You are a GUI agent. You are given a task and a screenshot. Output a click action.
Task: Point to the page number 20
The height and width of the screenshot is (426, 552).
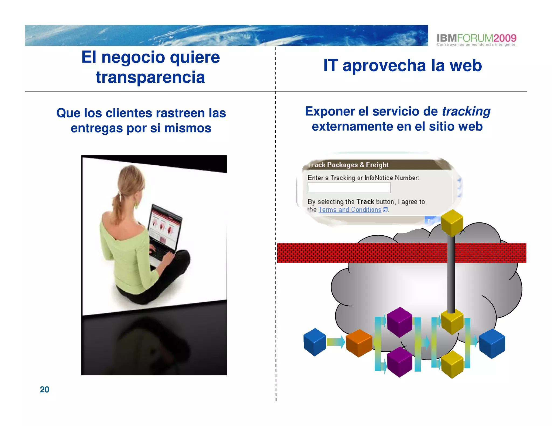click(44, 389)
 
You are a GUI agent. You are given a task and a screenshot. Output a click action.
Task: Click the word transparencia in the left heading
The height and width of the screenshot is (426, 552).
click(150, 77)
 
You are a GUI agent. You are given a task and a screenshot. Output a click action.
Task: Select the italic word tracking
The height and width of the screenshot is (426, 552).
click(466, 111)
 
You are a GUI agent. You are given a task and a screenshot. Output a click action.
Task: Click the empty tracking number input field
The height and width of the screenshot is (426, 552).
click(349, 187)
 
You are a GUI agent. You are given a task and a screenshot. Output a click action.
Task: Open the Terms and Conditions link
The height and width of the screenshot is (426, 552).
click(350, 210)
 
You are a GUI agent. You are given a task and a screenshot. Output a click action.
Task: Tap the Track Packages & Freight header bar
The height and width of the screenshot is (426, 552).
click(372, 165)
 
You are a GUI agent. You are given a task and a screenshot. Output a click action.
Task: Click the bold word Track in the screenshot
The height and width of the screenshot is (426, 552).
click(365, 202)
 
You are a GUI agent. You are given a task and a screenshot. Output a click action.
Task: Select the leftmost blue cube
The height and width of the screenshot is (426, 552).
click(315, 342)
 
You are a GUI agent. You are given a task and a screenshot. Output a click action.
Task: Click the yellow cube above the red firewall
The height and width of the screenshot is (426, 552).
click(452, 223)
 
